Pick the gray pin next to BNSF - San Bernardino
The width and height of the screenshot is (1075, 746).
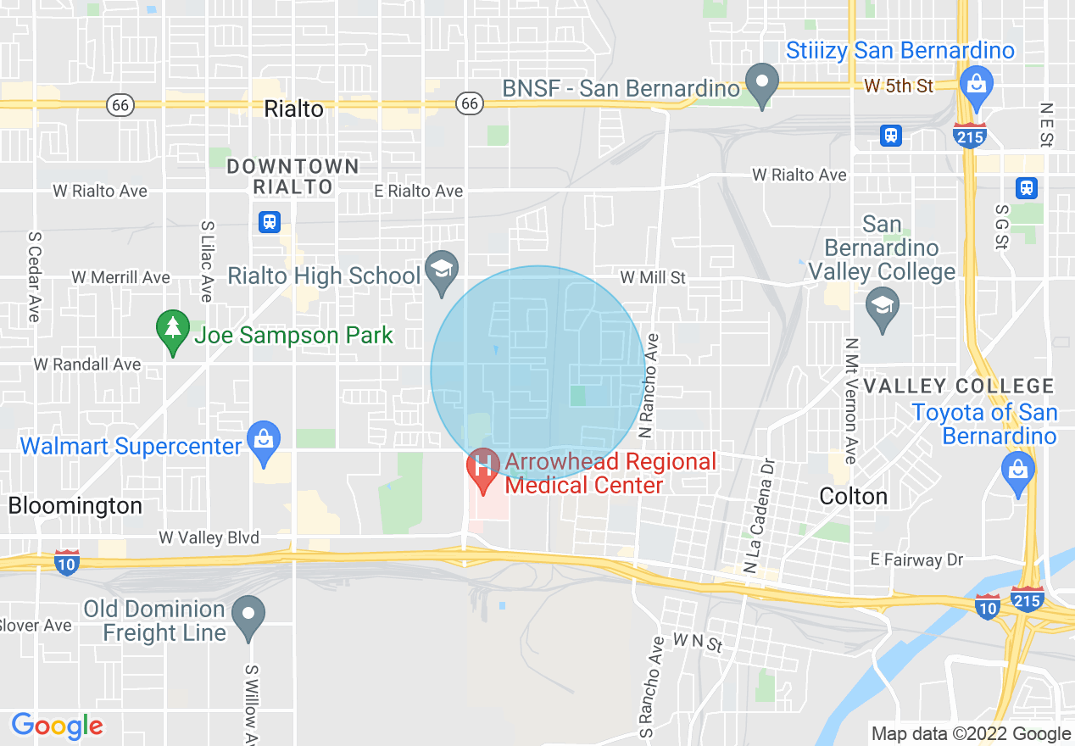point(761,85)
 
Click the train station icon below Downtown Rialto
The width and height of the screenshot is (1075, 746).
point(270,222)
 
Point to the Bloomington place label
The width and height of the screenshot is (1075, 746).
point(75,506)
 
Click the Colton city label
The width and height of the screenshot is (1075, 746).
point(854,496)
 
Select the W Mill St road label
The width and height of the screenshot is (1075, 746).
point(653,277)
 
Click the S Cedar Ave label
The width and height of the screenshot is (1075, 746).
point(34,276)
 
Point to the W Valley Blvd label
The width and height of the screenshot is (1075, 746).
point(209,538)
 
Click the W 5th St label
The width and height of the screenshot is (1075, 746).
point(899,86)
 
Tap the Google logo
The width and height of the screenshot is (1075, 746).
point(58,726)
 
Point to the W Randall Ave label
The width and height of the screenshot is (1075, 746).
point(87,365)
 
